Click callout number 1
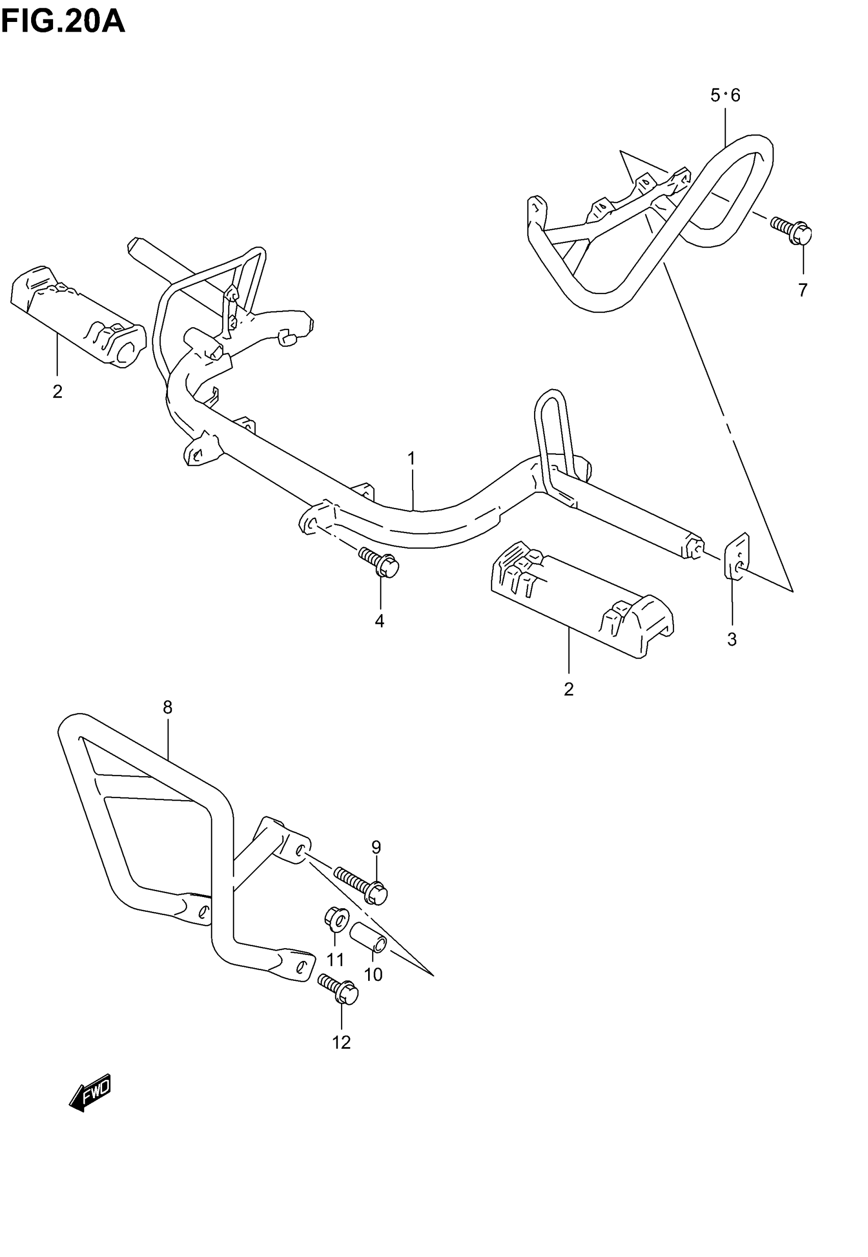pos(412,459)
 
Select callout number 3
pos(732,640)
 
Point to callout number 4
pos(379,620)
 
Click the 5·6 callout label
pos(725,95)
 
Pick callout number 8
pos(167,707)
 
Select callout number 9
pos(376,847)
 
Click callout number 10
pos(373,975)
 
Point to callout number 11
pos(335,960)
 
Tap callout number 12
pos(342,1042)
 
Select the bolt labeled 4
pos(379,563)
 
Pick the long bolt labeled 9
pos(361,886)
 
